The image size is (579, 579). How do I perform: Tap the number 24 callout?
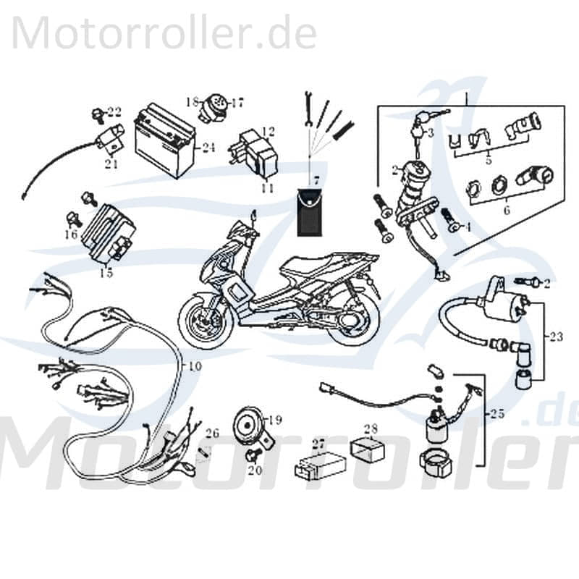point(208,148)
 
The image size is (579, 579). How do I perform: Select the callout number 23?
point(555,337)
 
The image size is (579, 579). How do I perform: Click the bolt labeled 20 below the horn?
point(253,456)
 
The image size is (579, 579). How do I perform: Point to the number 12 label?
point(269,132)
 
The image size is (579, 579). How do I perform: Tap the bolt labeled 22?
point(96,113)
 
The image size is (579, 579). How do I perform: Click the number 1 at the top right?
point(468,98)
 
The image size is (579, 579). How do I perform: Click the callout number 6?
point(506,211)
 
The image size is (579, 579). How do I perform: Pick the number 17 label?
point(237,103)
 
